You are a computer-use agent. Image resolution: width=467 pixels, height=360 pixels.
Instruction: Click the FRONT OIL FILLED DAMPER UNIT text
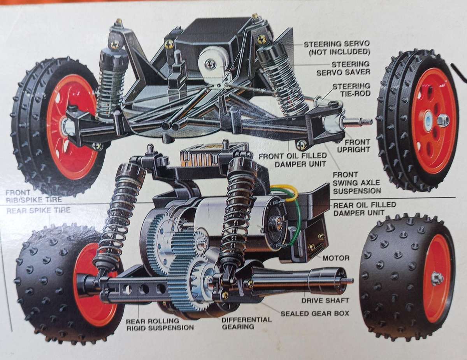tap(296, 160)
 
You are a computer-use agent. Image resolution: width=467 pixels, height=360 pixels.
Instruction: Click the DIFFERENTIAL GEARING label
tap(246, 323)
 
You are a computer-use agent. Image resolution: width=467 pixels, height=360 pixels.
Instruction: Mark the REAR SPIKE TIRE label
tap(38, 211)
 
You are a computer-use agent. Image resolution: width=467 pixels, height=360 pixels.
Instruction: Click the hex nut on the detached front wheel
tap(443, 120)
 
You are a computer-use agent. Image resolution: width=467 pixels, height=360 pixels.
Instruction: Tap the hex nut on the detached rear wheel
tap(437, 278)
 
